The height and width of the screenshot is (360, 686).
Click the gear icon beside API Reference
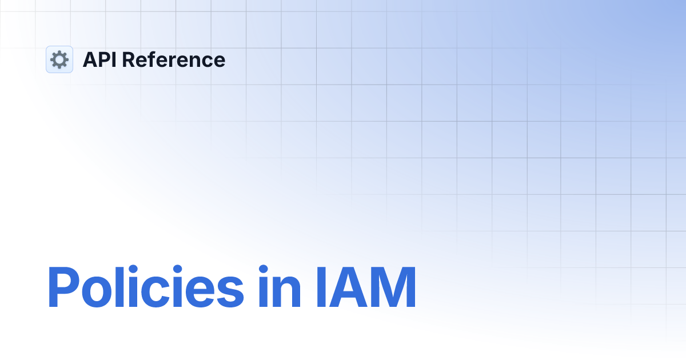[59, 59]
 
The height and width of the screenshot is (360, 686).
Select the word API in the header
[99, 59]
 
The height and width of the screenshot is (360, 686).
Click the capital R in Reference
[128, 59]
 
